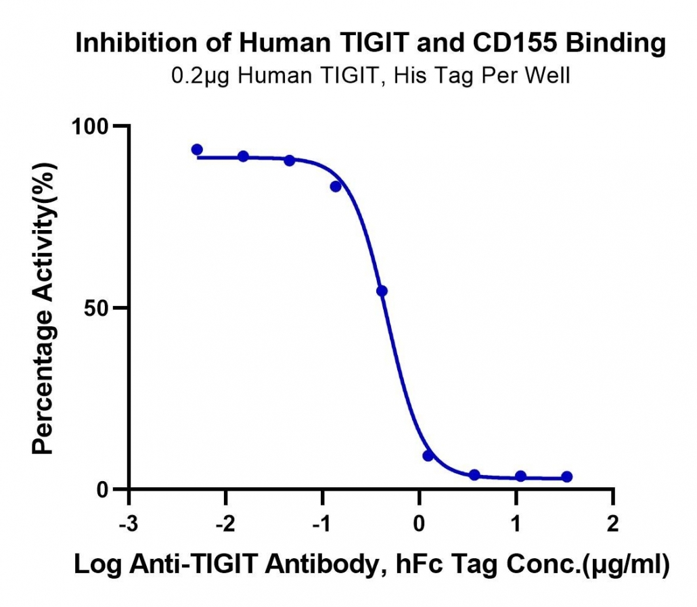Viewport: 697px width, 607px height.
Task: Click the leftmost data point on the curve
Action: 197,150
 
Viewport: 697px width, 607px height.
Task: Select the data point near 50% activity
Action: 382,291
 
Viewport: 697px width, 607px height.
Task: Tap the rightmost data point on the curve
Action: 567,477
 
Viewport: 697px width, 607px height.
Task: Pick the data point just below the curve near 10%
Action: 428,456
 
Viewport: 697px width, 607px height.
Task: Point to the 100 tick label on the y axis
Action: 90,127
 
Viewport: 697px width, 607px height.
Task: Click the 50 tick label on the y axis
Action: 97,309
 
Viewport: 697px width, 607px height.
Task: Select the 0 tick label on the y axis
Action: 103,490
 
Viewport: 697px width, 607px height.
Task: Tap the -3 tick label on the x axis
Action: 129,524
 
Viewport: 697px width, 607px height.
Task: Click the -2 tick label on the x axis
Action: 225,524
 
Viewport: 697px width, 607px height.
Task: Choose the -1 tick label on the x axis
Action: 321,524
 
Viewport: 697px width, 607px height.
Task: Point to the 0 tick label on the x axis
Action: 419,524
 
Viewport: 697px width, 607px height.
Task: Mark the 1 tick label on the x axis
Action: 516,524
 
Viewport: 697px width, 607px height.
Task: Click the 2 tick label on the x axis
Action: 612,524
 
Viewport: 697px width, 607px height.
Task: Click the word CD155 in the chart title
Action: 515,43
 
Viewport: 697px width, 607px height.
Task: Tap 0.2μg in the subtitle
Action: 200,76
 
